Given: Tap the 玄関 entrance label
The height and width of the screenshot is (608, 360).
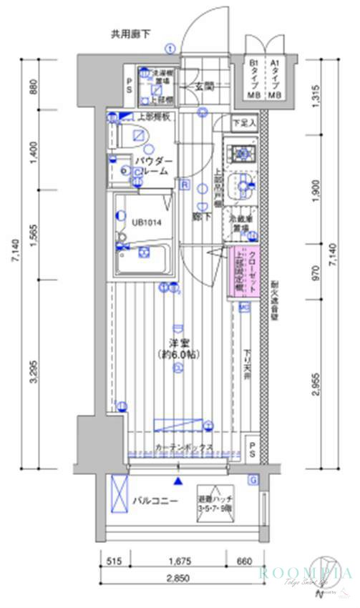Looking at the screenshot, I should [205, 87].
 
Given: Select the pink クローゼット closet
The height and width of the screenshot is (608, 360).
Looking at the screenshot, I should [245, 271].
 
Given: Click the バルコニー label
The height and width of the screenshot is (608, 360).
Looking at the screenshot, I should [154, 501].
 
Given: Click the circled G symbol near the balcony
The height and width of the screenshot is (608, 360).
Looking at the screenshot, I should [253, 479].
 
